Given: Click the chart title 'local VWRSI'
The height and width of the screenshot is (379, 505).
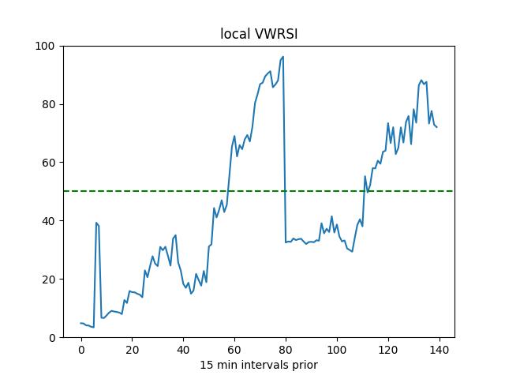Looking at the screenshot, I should point(258,34).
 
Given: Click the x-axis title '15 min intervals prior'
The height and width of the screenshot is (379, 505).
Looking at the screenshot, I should point(258,365).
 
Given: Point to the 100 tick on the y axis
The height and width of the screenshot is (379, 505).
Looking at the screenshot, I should point(47,46).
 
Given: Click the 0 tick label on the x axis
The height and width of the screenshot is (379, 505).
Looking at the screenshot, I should point(81,349).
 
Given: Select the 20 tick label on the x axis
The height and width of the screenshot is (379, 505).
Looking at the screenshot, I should point(133,349).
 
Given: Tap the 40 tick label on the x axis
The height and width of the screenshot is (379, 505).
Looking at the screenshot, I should point(184,349).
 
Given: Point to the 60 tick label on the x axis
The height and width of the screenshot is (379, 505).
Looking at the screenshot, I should point(234,349).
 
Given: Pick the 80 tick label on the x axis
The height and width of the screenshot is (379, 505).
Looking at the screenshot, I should point(286,349).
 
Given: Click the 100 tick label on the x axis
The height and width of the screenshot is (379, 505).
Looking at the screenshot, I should point(337,349).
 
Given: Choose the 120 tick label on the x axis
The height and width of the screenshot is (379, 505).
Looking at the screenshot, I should point(388,349).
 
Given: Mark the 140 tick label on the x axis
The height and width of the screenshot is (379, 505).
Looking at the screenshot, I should point(440,349).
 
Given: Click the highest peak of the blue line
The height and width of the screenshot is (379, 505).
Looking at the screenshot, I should point(283,57).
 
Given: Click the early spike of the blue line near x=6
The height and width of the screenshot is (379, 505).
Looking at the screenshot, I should point(96,223).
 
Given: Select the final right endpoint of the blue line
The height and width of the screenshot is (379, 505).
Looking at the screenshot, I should point(436,127).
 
